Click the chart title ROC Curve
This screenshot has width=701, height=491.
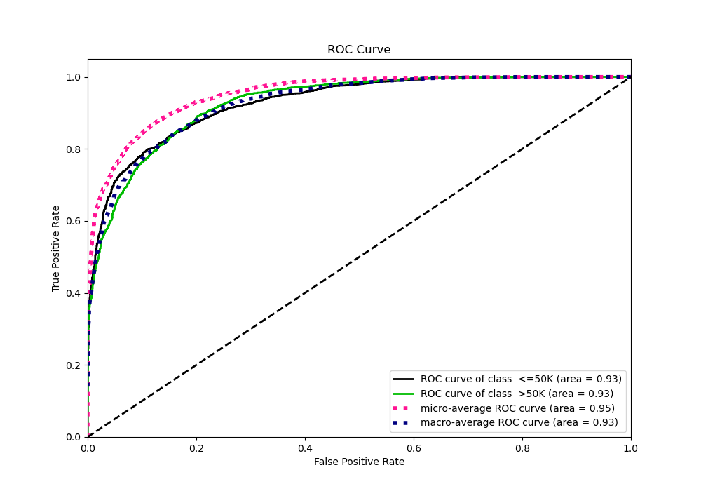pyautogui.click(x=359, y=50)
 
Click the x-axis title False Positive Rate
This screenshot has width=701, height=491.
pyautogui.click(x=359, y=462)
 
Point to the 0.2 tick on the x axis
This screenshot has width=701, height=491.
pyautogui.click(x=196, y=447)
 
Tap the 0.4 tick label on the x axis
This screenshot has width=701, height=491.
pyautogui.click(x=305, y=447)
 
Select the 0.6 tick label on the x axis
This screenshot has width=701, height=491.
pyautogui.click(x=414, y=447)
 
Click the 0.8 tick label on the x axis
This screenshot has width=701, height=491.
pyautogui.click(x=522, y=447)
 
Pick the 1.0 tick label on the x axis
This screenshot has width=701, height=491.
pyautogui.click(x=631, y=447)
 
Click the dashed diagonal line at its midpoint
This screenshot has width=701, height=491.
pyautogui.click(x=359, y=257)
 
